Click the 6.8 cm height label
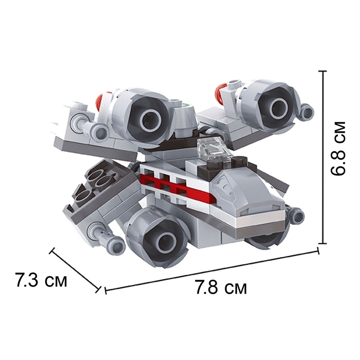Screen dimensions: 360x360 point(338,149)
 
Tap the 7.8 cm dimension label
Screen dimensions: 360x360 point(221,287)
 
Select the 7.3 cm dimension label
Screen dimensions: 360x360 point(41,280)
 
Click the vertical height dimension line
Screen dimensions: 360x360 point(323,157)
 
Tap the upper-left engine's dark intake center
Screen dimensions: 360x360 point(152,120)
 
